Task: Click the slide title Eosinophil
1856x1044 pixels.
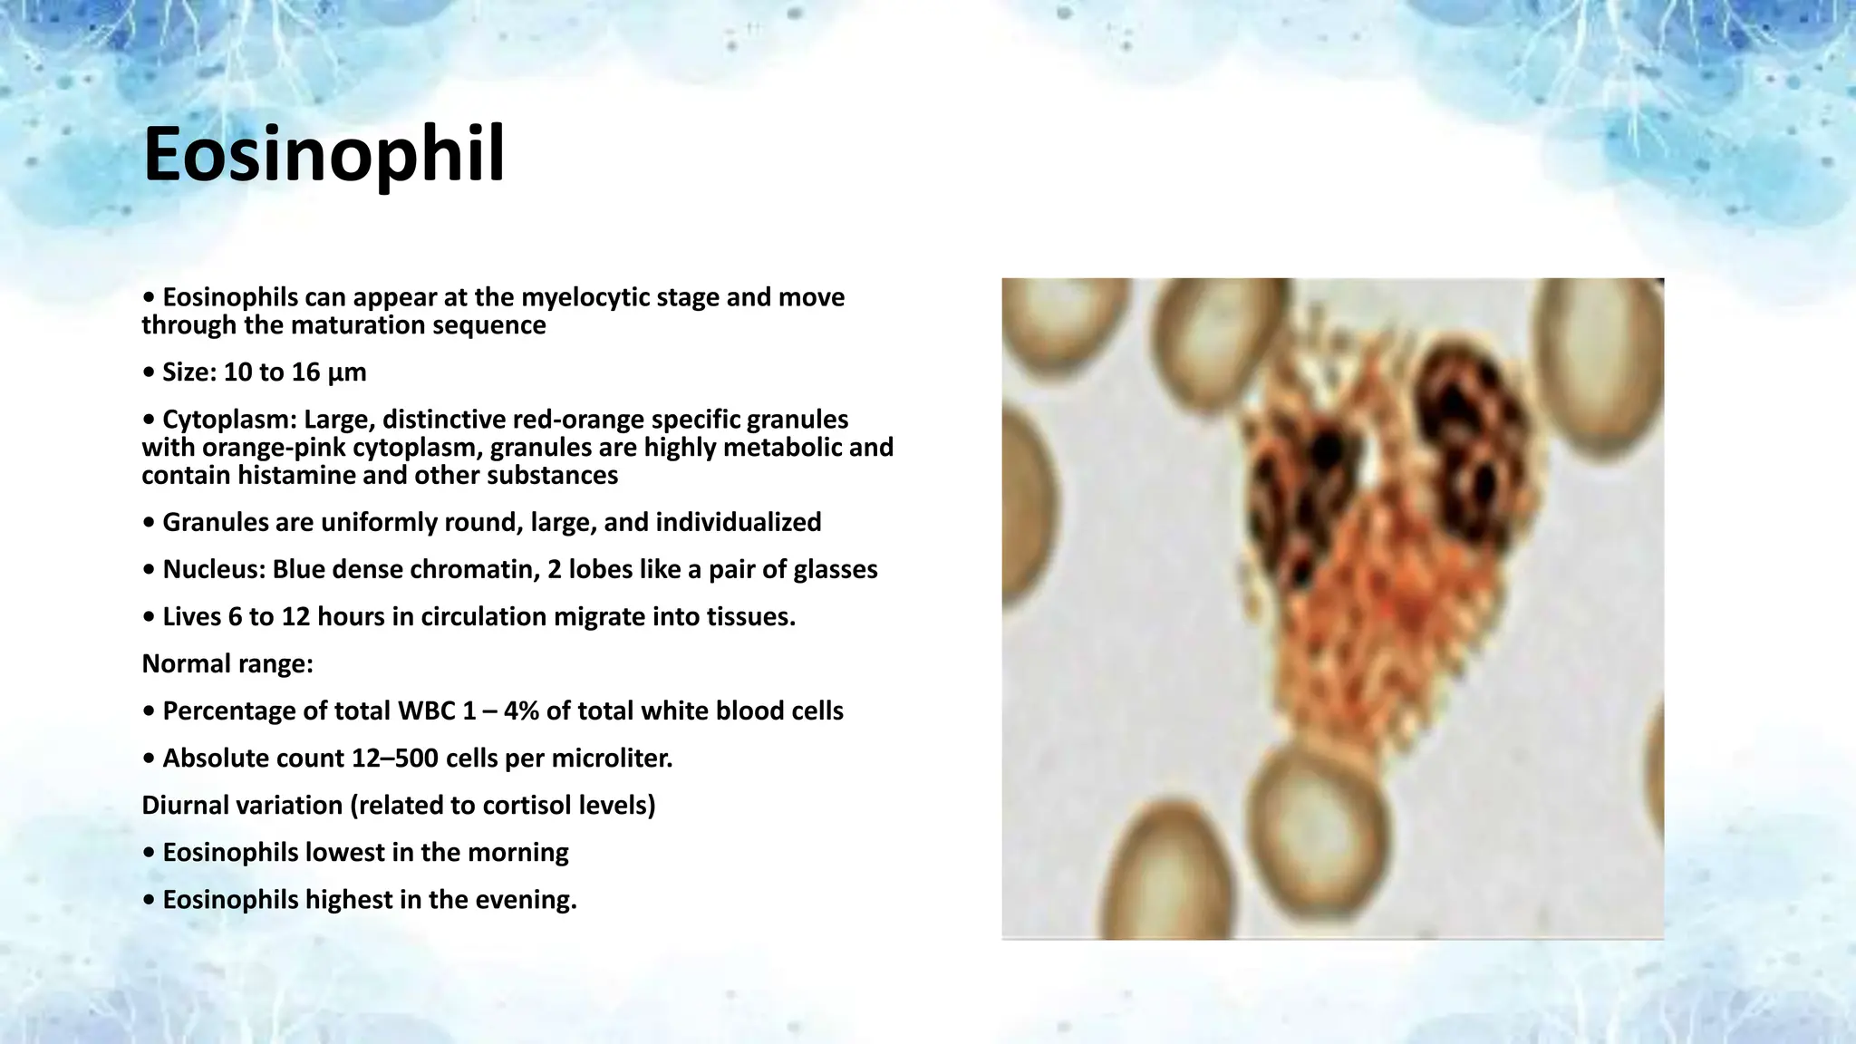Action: pos(324,156)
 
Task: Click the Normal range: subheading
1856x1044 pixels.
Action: pos(227,664)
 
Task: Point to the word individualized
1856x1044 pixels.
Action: pos(738,523)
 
